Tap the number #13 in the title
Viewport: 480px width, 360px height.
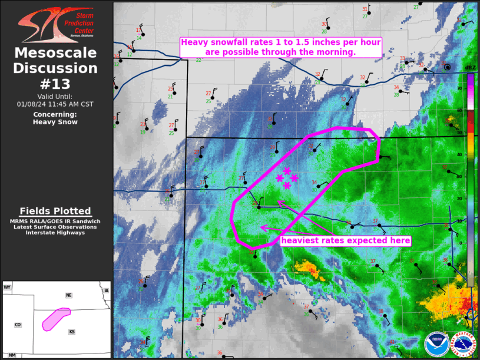pos(56,83)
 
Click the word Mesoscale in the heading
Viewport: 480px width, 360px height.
pos(56,53)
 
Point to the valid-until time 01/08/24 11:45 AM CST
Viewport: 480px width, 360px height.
pos(56,104)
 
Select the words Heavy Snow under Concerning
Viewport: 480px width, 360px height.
pos(56,122)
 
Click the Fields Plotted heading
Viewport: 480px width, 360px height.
pos(55,211)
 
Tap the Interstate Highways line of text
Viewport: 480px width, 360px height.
pos(55,233)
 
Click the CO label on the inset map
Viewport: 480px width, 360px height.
pos(18,325)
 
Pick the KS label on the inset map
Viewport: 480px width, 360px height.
pos(72,332)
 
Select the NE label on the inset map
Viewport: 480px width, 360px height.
pos(69,295)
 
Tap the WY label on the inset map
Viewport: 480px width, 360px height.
pos(8,287)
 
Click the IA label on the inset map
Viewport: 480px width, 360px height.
pos(106,290)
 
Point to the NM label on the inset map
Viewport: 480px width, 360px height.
pos(12,355)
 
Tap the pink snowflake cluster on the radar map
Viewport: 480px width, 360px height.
pos(287,178)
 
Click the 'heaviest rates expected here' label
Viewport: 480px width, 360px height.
pos(345,240)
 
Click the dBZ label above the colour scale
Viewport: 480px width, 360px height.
pos(470,68)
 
